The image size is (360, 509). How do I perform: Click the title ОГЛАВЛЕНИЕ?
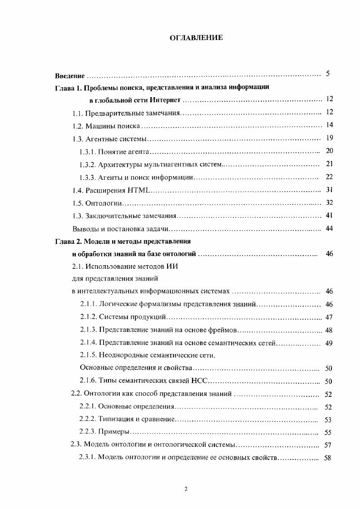click(196, 38)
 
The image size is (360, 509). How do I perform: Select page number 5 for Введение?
click(328, 74)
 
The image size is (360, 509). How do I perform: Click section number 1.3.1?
click(89, 151)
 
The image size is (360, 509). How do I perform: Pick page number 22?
click(330, 177)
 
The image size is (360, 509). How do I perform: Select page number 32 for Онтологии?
click(330, 203)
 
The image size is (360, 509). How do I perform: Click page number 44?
click(330, 228)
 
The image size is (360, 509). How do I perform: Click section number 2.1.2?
click(88, 317)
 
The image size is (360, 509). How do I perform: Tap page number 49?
click(329, 343)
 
